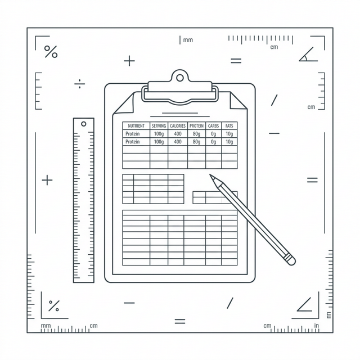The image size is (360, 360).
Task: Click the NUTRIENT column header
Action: point(136,126)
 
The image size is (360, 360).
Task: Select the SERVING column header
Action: point(159,126)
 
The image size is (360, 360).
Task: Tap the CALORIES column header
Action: point(178,126)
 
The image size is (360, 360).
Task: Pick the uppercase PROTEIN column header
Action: point(196,126)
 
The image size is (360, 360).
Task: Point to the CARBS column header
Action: point(213,126)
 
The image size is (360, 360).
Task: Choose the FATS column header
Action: point(229,126)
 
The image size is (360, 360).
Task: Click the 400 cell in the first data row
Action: point(178,134)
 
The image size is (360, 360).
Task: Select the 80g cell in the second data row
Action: point(196,142)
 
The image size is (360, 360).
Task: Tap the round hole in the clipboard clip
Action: point(180,78)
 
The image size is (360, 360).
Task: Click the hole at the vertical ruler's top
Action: point(84,124)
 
